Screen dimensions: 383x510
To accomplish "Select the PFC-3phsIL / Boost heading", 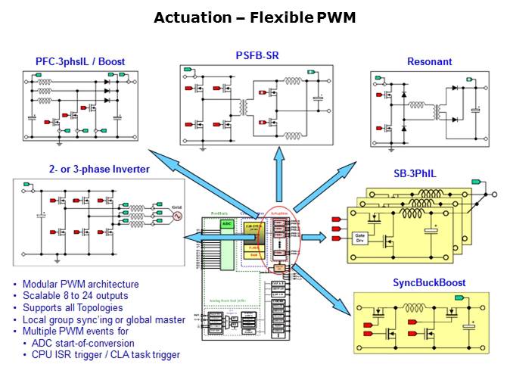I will coord(80,61).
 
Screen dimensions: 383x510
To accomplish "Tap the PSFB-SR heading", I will coord(257,55).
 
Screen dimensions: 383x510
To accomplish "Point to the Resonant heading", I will coord(429,61).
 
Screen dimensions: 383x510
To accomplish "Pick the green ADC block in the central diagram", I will coord(226,224).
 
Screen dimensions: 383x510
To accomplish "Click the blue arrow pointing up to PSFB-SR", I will coord(278,174).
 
